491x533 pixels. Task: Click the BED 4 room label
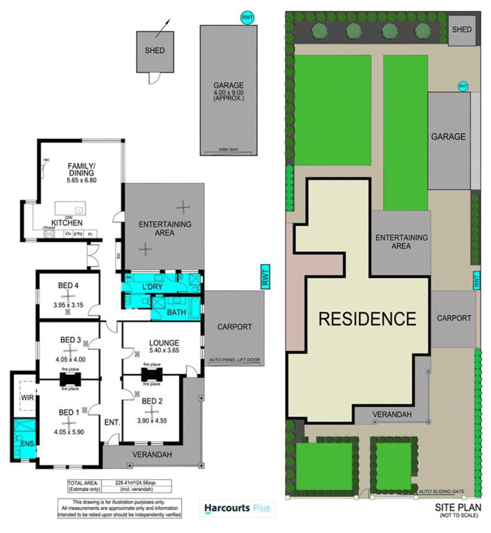point(68,285)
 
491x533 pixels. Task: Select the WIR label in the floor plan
point(26,397)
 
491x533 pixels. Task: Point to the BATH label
point(177,313)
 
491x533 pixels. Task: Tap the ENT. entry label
point(110,422)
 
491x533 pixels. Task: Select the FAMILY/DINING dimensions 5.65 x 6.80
point(81,180)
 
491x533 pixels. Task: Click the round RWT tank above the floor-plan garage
point(247,18)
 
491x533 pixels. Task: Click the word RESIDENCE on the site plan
point(367,319)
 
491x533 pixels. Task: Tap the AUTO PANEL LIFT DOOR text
point(234,359)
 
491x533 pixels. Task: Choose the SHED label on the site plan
point(461,29)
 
